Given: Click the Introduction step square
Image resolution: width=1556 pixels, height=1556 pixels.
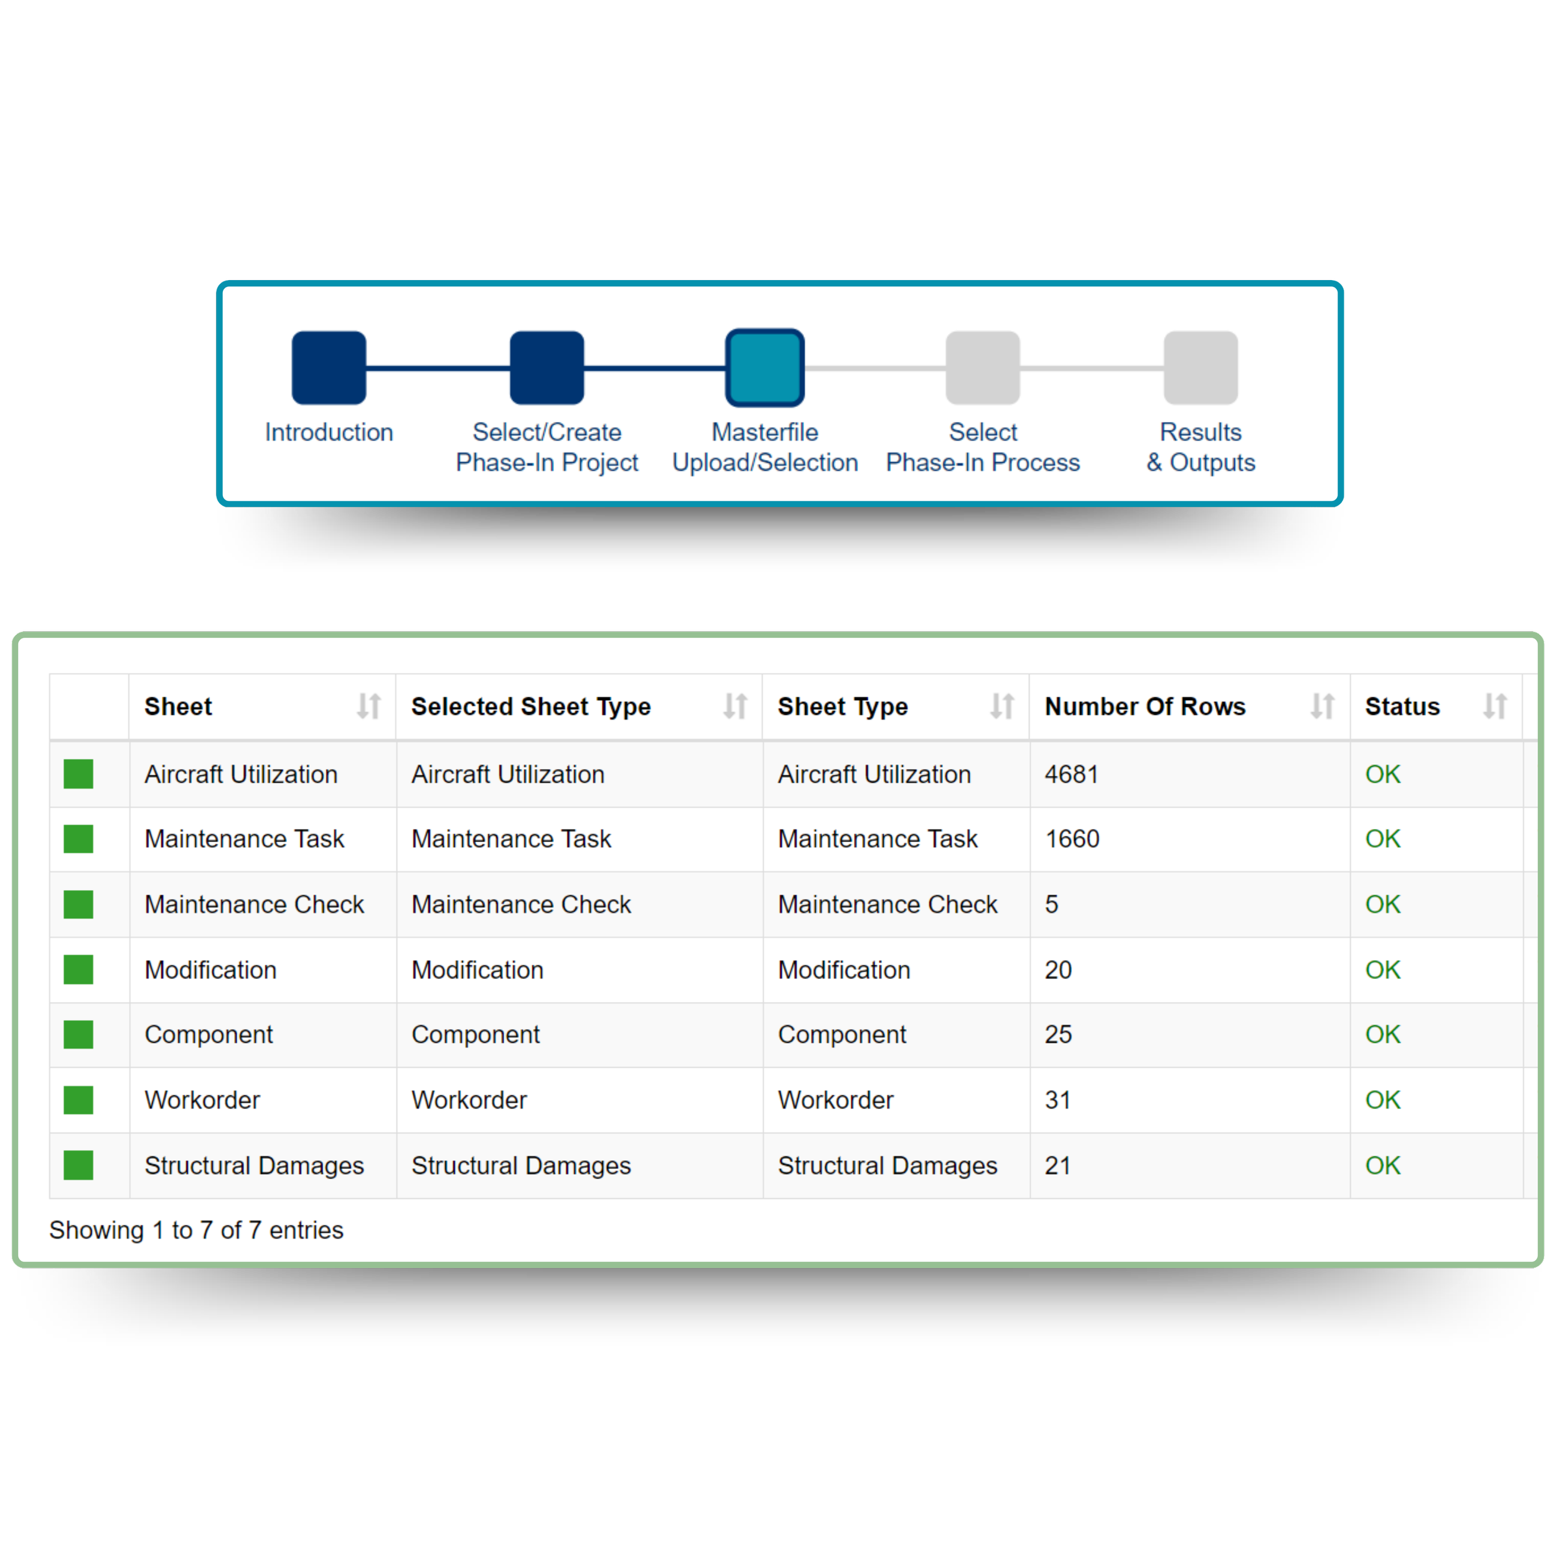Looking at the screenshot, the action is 329,367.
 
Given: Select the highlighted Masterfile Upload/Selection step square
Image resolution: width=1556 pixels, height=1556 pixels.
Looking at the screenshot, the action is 764,367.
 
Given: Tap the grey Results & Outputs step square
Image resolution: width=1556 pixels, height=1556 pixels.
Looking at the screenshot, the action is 1200,367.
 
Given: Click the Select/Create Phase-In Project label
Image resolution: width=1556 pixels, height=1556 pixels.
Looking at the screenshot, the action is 547,447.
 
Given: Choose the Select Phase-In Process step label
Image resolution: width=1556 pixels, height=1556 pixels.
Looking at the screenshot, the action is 983,447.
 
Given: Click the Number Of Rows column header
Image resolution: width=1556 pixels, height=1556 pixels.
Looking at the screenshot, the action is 1145,706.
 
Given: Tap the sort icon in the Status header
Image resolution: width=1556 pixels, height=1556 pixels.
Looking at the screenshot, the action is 1495,706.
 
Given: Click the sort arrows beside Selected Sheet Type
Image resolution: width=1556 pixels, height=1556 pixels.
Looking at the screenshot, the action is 734,706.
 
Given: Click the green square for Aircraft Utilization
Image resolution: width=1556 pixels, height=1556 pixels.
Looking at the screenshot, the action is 78,774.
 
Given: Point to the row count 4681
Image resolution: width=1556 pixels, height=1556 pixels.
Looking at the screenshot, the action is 1071,774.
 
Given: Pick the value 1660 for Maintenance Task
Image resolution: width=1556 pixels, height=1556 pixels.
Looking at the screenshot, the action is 1072,838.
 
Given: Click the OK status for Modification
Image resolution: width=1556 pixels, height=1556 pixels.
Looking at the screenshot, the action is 1382,970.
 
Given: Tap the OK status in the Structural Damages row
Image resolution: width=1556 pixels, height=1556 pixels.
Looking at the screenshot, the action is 1382,1165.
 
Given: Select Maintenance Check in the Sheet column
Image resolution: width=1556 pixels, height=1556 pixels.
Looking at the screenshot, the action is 254,904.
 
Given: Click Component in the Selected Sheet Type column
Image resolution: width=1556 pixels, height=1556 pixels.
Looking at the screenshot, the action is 475,1034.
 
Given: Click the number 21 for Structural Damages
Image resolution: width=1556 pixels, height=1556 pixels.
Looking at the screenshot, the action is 1057,1165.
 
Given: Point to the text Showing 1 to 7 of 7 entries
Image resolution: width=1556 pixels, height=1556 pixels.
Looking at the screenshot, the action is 195,1230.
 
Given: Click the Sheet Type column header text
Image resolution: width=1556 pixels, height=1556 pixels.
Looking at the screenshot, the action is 843,706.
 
